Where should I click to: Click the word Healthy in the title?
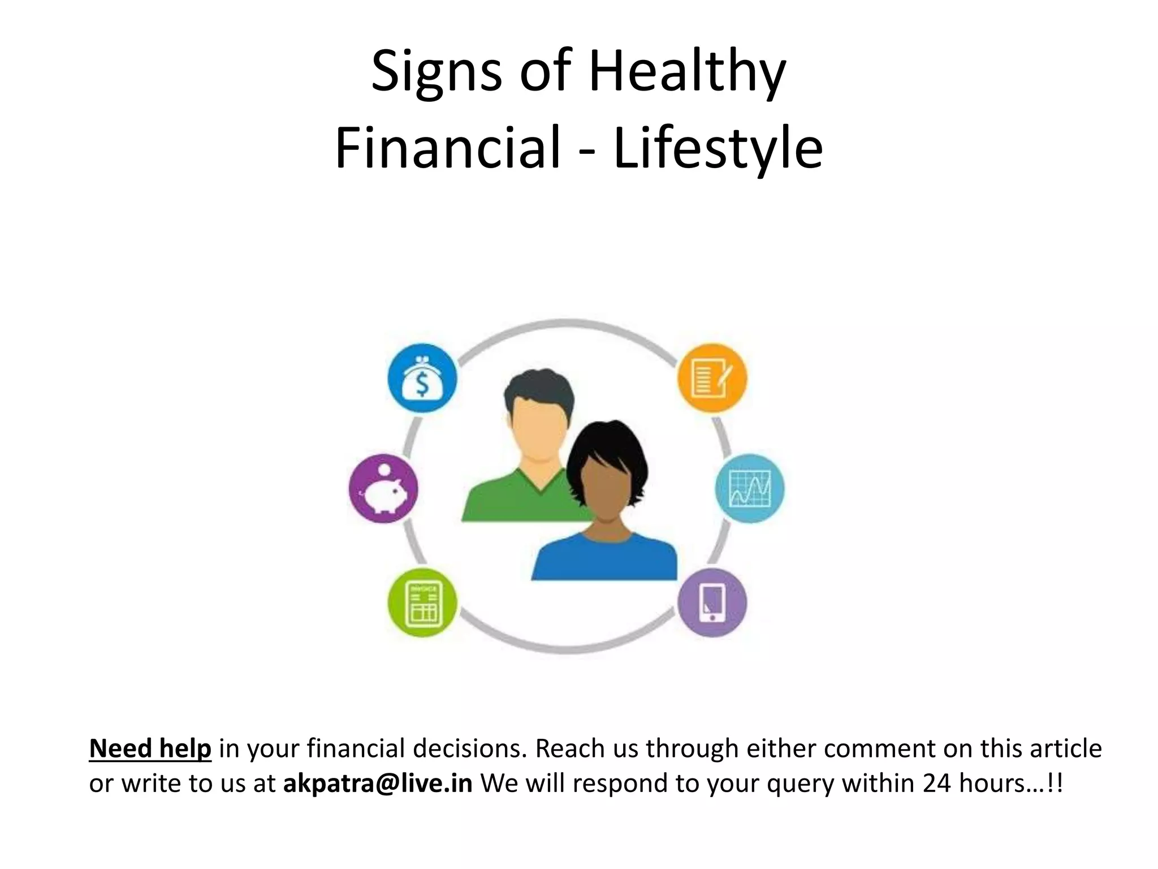tap(687, 72)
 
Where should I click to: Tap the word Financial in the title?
tap(447, 148)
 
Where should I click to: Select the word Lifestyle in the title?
tap(718, 148)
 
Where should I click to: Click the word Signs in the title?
tap(437, 72)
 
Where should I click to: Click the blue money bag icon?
tap(422, 378)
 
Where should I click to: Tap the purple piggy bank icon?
tap(383, 489)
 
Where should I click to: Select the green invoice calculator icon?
tap(422, 603)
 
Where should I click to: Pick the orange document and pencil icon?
tap(712, 378)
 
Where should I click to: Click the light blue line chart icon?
tap(750, 489)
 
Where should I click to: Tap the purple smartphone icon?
tap(712, 603)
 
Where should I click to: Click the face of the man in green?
tap(537, 430)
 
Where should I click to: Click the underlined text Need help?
tap(150, 748)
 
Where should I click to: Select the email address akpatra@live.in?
tap(377, 784)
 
